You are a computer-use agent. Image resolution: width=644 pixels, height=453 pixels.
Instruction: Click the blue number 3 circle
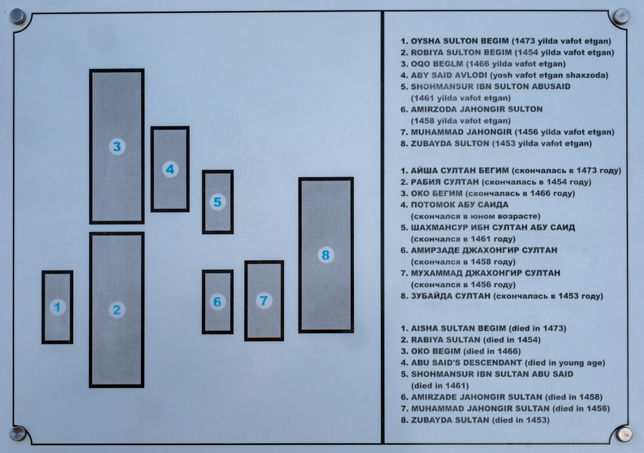pyautogui.click(x=117, y=146)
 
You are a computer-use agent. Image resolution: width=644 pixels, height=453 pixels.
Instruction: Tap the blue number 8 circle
pyautogui.click(x=326, y=255)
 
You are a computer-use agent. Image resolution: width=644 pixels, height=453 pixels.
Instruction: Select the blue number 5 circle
pyautogui.click(x=218, y=202)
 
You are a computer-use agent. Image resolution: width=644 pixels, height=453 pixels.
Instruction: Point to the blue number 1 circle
pyautogui.click(x=57, y=307)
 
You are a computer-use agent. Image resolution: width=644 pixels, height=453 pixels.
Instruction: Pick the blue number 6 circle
pyautogui.click(x=217, y=302)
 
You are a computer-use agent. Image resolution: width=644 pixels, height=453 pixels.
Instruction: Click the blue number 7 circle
pyautogui.click(x=264, y=301)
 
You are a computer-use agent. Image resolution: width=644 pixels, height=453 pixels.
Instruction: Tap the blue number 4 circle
pyautogui.click(x=170, y=169)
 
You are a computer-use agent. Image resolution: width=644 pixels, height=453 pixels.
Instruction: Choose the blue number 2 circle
pyautogui.click(x=117, y=310)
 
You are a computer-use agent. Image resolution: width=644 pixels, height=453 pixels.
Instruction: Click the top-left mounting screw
pyautogui.click(x=18, y=16)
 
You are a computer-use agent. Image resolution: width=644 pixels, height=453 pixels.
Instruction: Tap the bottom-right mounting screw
pyautogui.click(x=624, y=434)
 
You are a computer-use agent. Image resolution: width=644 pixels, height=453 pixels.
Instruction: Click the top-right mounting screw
pyautogui.click(x=621, y=16)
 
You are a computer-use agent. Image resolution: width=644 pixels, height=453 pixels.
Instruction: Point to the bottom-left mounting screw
pyautogui.click(x=18, y=433)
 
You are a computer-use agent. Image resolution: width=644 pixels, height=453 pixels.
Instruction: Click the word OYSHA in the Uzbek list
pyautogui.click(x=425, y=41)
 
